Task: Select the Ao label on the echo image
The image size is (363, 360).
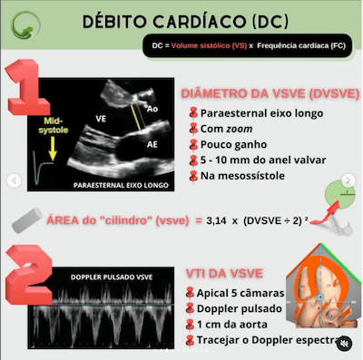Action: point(155,107)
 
